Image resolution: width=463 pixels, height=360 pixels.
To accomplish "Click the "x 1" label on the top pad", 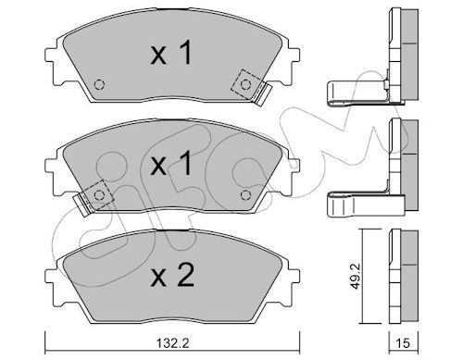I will click(x=172, y=55).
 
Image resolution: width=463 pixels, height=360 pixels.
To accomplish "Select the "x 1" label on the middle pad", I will click(x=172, y=167).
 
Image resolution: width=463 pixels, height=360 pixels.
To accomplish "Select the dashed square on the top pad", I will click(x=246, y=84).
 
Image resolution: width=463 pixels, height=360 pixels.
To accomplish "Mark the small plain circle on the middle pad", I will click(x=245, y=195).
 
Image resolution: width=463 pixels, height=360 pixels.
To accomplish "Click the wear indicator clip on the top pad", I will click(x=263, y=93).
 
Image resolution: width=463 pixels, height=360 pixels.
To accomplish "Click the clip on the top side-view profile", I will click(x=356, y=90).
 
